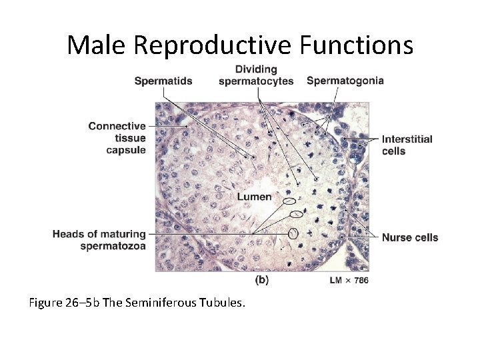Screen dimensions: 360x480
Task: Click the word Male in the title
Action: pyautogui.click(x=97, y=45)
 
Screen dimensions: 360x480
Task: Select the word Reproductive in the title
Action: pyautogui.click(x=212, y=45)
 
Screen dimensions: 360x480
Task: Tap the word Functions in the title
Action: pyautogui.click(x=357, y=45)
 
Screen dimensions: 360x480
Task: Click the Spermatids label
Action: pyautogui.click(x=163, y=81)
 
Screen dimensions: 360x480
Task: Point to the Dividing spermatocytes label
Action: pyautogui.click(x=256, y=75)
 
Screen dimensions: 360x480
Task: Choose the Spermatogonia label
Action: pyautogui.click(x=345, y=81)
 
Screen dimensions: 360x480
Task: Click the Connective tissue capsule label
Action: pyautogui.click(x=117, y=138)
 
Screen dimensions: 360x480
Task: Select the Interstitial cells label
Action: pyautogui.click(x=407, y=145)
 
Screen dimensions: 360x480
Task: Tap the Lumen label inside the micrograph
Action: pyautogui.click(x=255, y=197)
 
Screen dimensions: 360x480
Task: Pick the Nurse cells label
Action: pyautogui.click(x=410, y=237)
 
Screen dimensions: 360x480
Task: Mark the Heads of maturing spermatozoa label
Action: pyautogui.click(x=99, y=240)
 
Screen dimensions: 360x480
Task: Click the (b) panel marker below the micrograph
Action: pyautogui.click(x=262, y=280)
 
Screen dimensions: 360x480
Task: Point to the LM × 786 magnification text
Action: pyautogui.click(x=349, y=281)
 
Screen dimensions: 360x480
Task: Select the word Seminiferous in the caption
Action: pyautogui.click(x=170, y=303)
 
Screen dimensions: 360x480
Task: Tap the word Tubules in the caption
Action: pyautogui.click(x=225, y=303)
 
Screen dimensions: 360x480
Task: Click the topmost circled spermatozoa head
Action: pyautogui.click(x=289, y=201)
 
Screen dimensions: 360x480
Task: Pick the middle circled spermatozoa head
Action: pyautogui.click(x=297, y=215)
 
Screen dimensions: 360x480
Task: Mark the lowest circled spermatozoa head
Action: pyautogui.click(x=293, y=233)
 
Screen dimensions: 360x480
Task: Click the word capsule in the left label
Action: pyautogui.click(x=126, y=150)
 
